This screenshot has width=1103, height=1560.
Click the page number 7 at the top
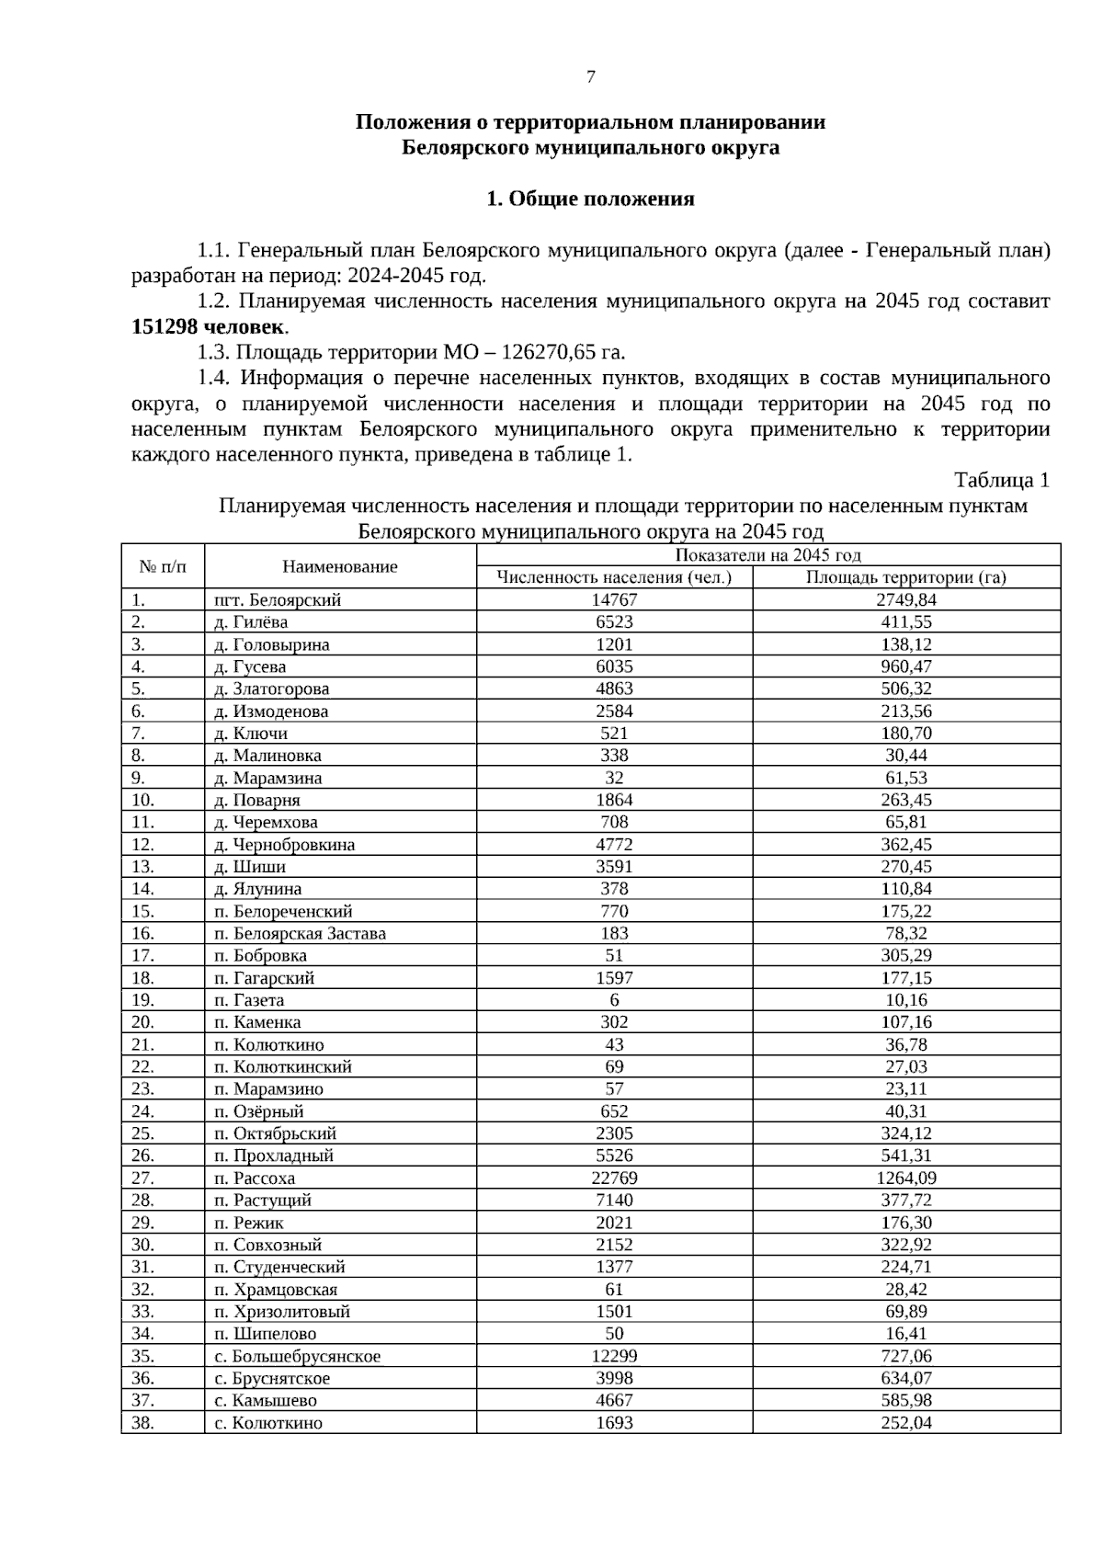(x=590, y=77)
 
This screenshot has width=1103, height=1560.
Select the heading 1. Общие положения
(x=590, y=199)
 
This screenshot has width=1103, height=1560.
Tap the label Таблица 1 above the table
(x=1001, y=480)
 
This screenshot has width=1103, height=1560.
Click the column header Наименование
(x=340, y=566)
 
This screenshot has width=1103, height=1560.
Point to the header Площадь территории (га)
(x=905, y=577)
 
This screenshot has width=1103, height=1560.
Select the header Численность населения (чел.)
(x=614, y=577)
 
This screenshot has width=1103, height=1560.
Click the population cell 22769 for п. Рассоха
(x=614, y=1178)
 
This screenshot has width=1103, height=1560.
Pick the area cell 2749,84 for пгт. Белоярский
(x=905, y=599)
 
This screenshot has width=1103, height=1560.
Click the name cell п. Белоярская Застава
(x=300, y=933)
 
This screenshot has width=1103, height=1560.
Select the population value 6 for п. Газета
(x=614, y=1000)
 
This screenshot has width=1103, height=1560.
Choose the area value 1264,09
(x=905, y=1178)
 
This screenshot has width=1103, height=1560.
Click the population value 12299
(x=614, y=1356)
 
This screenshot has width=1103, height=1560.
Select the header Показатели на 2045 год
(x=768, y=554)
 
